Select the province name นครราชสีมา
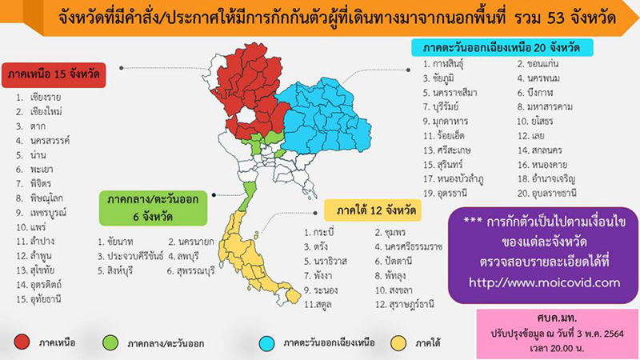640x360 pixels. [454, 93]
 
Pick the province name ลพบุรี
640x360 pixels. [188, 257]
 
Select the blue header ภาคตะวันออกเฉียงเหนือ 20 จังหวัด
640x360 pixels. [502, 46]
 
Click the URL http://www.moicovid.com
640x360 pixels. [543, 282]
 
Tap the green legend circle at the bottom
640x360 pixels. [110, 342]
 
